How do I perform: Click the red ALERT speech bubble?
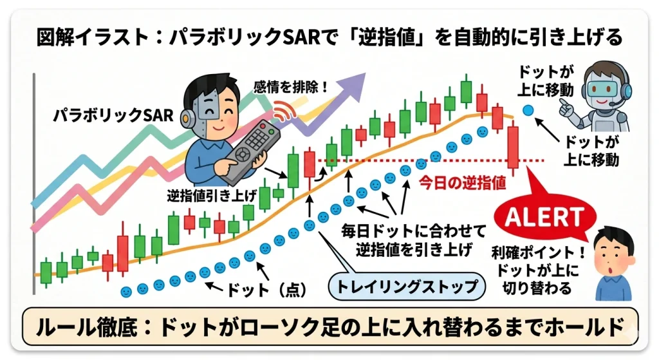tap(544, 218)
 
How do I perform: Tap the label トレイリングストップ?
tap(404, 285)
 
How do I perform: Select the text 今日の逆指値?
tap(461, 182)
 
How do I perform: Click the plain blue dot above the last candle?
tap(528, 110)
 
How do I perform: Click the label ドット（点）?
tap(264, 289)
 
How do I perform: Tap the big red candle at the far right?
tap(513, 148)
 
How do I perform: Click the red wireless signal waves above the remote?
tap(281, 111)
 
